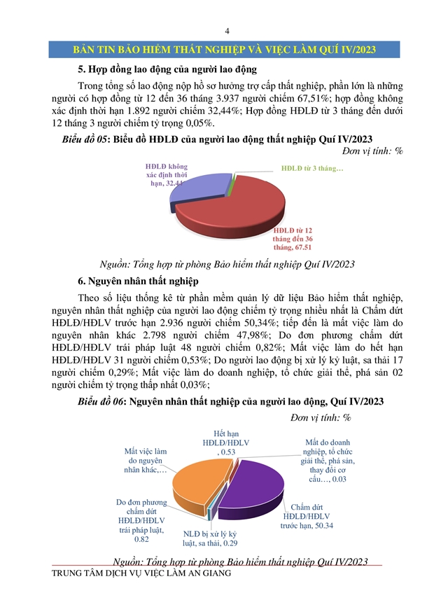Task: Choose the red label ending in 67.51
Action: [292, 237]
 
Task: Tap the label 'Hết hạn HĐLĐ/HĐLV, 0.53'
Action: [224, 443]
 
